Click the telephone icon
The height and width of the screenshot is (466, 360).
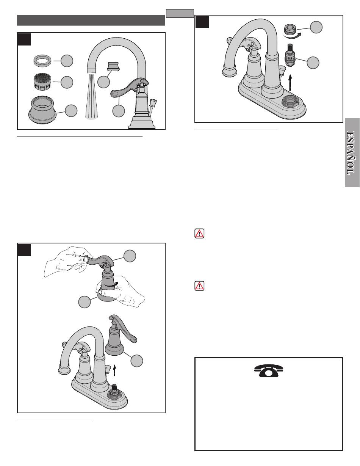(x=269, y=371)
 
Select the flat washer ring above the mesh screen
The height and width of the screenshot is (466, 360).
(x=42, y=61)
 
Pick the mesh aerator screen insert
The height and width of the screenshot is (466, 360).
(x=42, y=82)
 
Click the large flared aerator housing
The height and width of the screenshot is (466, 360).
(x=43, y=110)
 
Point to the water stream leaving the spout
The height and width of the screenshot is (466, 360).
(x=92, y=97)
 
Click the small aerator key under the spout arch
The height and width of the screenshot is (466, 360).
(x=114, y=66)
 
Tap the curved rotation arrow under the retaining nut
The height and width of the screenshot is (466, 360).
(x=293, y=36)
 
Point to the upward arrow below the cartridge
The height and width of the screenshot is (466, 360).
(x=290, y=83)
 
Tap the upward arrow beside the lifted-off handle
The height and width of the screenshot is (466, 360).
(x=114, y=370)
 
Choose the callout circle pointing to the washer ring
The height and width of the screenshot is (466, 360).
(x=67, y=61)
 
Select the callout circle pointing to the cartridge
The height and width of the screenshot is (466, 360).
(x=313, y=63)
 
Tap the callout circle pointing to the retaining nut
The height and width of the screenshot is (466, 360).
(x=316, y=27)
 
